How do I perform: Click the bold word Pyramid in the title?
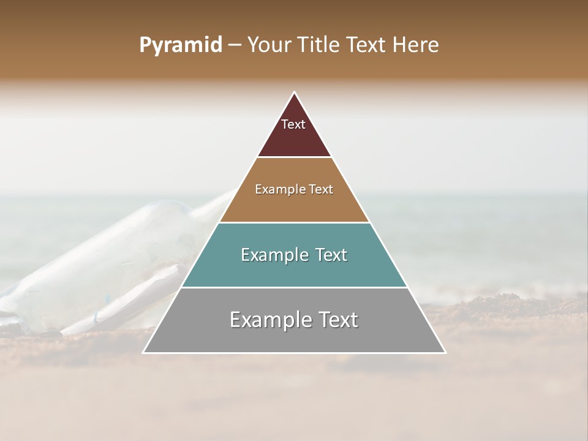pos(181,45)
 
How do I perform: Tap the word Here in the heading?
pos(416,45)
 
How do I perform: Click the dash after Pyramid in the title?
pos(234,45)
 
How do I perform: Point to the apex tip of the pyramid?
pos(295,92)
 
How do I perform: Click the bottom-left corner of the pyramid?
pos(144,352)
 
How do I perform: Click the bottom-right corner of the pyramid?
pos(445,352)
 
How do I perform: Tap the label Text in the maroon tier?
pos(293,124)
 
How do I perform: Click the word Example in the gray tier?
pos(268,320)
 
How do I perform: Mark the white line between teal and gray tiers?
pos(294,288)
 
